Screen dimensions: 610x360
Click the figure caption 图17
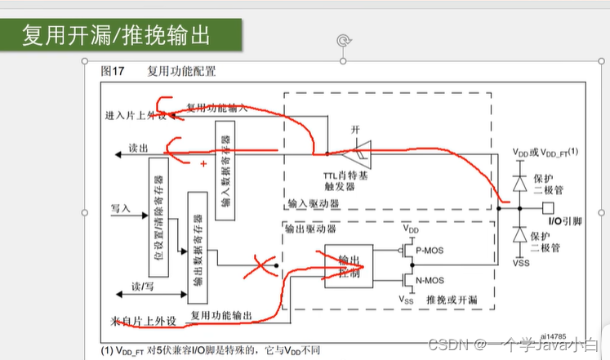(112, 71)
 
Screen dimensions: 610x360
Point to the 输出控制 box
(349, 264)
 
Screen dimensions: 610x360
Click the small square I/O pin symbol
(548, 207)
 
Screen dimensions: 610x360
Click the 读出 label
(137, 150)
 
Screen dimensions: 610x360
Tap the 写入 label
(120, 209)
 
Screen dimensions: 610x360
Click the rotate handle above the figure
(344, 40)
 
